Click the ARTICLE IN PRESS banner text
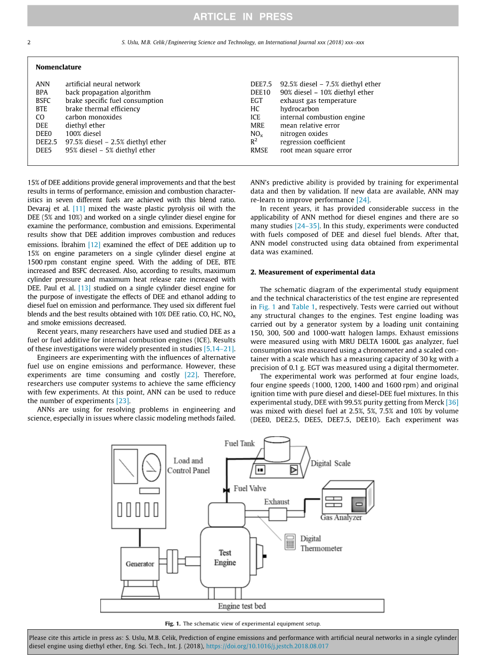coord(243,17)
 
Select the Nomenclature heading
coord(59,67)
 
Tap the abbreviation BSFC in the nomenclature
coord(44,101)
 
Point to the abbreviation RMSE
coord(259,150)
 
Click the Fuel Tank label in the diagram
coord(239,444)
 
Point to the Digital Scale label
coord(330,463)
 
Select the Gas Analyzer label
coord(341,518)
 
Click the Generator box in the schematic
coord(140,564)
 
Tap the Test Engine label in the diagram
coord(225,558)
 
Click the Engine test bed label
coord(242,606)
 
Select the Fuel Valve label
coord(250,488)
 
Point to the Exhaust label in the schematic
coord(277,502)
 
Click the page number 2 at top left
coord(29,42)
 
